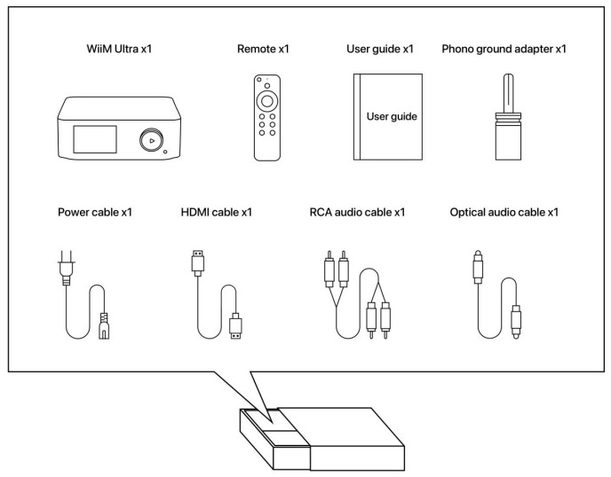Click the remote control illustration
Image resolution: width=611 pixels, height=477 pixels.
pyautogui.click(x=267, y=119)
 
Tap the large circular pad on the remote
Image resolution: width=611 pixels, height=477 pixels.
pyautogui.click(x=267, y=103)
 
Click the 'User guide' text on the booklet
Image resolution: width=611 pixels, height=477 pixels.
pyautogui.click(x=392, y=116)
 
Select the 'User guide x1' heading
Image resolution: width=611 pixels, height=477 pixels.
pyautogui.click(x=380, y=49)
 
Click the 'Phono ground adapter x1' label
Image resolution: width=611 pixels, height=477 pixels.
pyautogui.click(x=504, y=49)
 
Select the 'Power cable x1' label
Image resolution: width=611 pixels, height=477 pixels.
pyautogui.click(x=95, y=213)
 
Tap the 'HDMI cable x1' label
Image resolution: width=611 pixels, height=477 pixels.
pyautogui.click(x=216, y=213)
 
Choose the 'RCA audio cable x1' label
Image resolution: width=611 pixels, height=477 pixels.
pyautogui.click(x=357, y=213)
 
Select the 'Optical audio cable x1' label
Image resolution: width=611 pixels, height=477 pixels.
pyautogui.click(x=504, y=213)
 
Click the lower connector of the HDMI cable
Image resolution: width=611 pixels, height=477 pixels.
pyautogui.click(x=236, y=325)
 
